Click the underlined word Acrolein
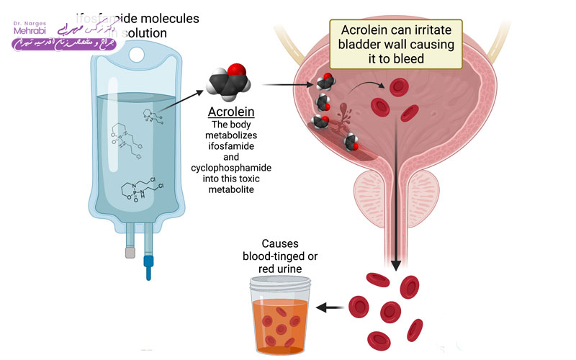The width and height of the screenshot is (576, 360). (231, 113)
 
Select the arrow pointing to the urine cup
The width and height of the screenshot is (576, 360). (330, 307)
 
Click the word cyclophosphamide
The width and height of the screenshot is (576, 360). (231, 167)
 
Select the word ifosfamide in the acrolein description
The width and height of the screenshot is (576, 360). (231, 145)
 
